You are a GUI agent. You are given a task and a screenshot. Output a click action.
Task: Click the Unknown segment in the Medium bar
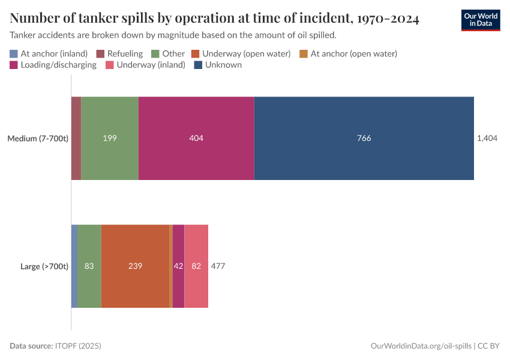pyautogui.click(x=364, y=138)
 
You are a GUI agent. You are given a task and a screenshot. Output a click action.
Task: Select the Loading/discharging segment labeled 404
pyautogui.click(x=196, y=138)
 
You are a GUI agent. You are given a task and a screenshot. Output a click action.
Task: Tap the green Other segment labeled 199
pyautogui.click(x=110, y=138)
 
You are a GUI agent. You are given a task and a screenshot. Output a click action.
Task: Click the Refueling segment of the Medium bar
pyautogui.click(x=76, y=138)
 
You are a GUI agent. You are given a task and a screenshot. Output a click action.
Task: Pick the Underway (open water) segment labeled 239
pyautogui.click(x=135, y=266)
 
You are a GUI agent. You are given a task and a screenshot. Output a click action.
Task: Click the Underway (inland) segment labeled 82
pyautogui.click(x=196, y=266)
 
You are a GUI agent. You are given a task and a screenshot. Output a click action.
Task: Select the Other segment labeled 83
pyautogui.click(x=89, y=266)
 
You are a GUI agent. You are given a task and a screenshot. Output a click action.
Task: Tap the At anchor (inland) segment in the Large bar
pyautogui.click(x=74, y=266)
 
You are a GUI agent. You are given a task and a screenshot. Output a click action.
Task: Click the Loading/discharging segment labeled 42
pyautogui.click(x=178, y=266)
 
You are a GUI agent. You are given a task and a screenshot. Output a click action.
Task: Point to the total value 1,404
pyautogui.click(x=487, y=138)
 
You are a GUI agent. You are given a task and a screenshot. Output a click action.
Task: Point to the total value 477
pyautogui.click(x=218, y=266)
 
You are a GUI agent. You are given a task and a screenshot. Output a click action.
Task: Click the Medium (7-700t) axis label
pyautogui.click(x=38, y=139)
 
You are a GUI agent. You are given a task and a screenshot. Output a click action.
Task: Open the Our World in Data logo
pyautogui.click(x=480, y=20)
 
